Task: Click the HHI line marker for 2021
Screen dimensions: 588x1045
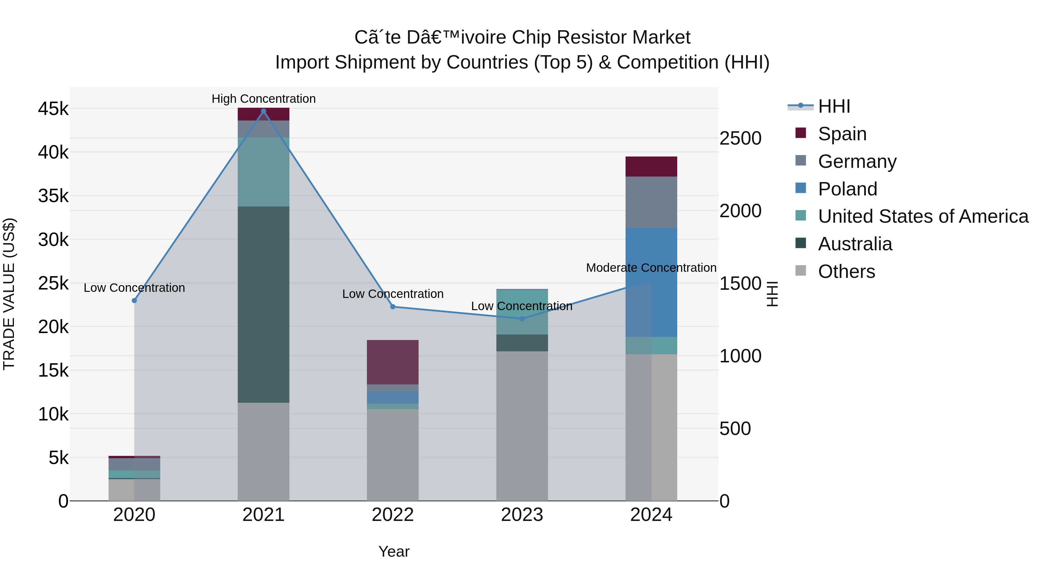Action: tap(263, 111)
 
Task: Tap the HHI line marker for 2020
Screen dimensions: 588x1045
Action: tap(134, 301)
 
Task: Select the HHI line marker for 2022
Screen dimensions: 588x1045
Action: tap(393, 307)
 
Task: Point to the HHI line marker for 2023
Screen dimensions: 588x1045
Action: tap(522, 319)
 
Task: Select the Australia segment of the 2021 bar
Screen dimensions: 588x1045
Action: tap(263, 304)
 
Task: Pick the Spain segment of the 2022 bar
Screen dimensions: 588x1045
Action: tap(393, 362)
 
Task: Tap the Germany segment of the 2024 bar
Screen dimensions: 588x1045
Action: tap(651, 202)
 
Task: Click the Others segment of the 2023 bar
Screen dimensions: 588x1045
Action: tap(522, 426)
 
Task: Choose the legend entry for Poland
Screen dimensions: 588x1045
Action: tap(847, 189)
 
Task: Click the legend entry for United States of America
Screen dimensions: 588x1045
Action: tap(923, 216)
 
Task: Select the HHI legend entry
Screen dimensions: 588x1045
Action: tap(834, 106)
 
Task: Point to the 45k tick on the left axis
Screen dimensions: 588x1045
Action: tap(53, 109)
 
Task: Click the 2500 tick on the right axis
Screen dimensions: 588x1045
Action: tap(740, 139)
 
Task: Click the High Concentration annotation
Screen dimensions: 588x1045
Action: tap(263, 99)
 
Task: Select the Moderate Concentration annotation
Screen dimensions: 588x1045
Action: tap(651, 268)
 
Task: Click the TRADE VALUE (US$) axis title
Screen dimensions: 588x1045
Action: tap(9, 294)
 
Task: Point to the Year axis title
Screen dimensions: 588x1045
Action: tap(394, 551)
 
